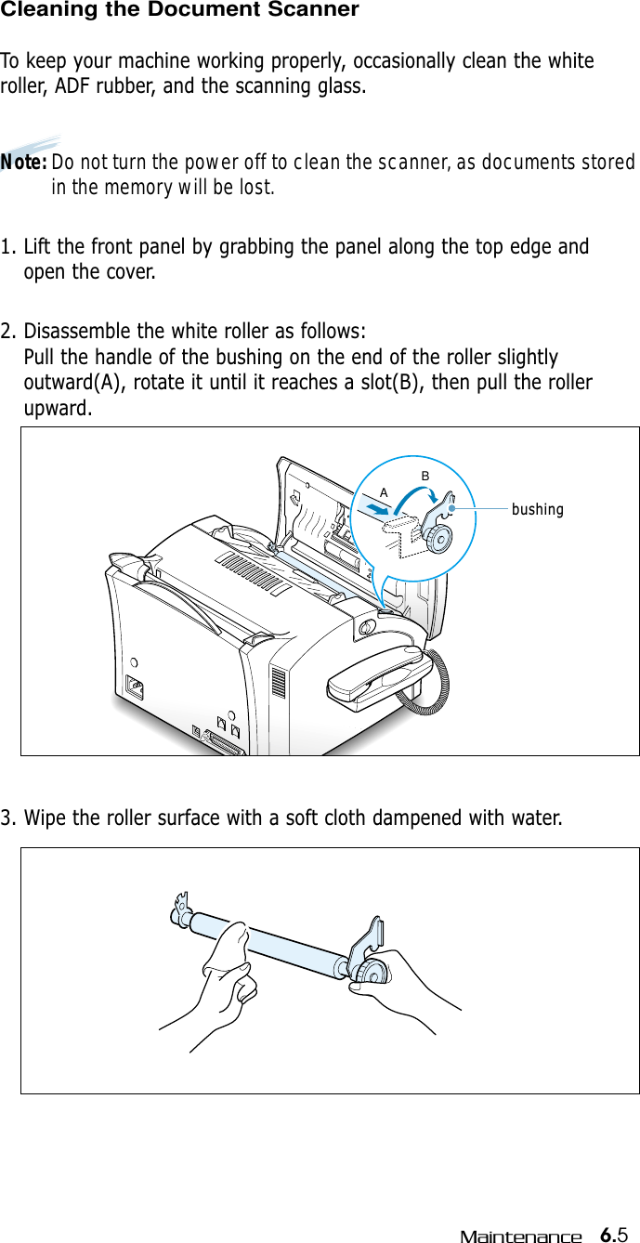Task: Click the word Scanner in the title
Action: [312, 10]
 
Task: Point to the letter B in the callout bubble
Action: [424, 476]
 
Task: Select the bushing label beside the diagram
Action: [538, 509]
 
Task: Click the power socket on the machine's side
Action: [137, 688]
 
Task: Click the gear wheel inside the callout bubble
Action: [438, 536]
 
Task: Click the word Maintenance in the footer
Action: [520, 1236]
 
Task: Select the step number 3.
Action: [7, 818]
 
